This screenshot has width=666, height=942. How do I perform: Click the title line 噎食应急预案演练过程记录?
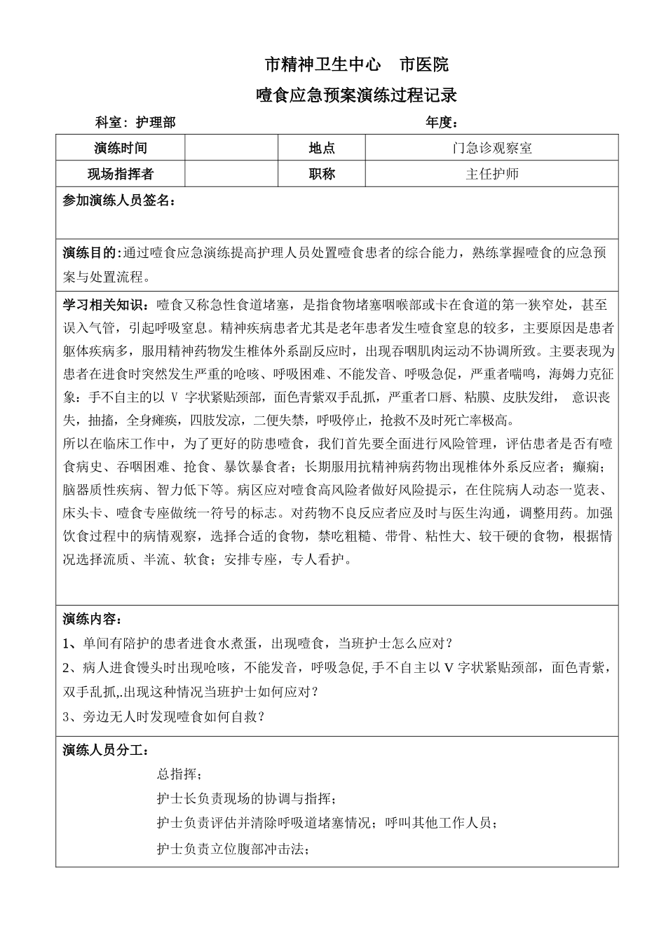[357, 95]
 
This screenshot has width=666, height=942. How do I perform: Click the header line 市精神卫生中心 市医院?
[357, 65]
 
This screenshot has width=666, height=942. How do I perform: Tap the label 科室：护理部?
[135, 123]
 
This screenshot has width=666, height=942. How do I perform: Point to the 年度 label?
[442, 123]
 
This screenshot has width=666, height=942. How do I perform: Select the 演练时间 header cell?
[121, 148]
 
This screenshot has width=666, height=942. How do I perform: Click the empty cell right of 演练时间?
[231, 148]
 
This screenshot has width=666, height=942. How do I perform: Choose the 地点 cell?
[322, 148]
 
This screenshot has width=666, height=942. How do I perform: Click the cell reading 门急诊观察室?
[491, 148]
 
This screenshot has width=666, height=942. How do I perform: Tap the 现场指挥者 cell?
[121, 174]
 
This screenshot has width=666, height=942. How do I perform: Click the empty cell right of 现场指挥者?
[231, 174]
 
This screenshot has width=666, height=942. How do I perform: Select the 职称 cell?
[322, 174]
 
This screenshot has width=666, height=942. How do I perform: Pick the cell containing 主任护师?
[491, 174]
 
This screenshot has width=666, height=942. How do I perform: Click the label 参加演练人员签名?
[118, 200]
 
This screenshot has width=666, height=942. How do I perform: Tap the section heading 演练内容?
[92, 619]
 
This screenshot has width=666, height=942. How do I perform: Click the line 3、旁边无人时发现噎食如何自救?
[163, 716]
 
